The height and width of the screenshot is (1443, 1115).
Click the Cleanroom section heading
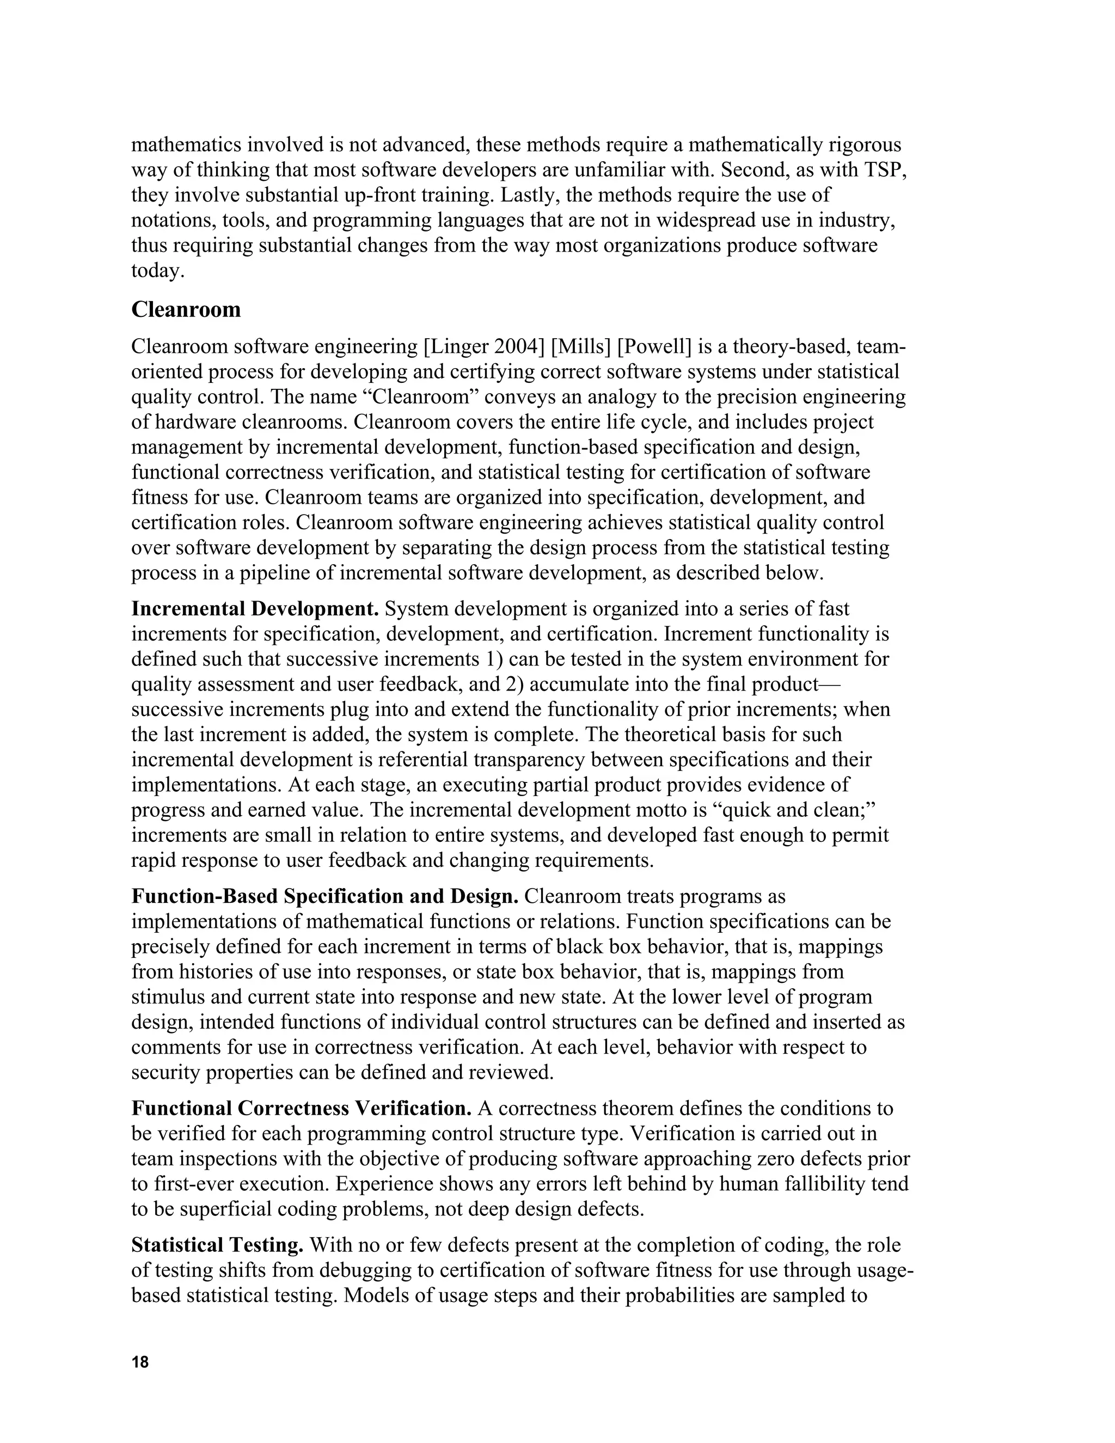coord(186,310)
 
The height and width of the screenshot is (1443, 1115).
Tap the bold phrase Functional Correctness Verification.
coord(301,1108)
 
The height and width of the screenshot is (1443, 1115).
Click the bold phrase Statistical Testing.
coord(217,1245)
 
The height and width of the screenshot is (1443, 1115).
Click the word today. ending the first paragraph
coord(157,271)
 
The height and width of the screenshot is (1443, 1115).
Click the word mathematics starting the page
coord(188,145)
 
